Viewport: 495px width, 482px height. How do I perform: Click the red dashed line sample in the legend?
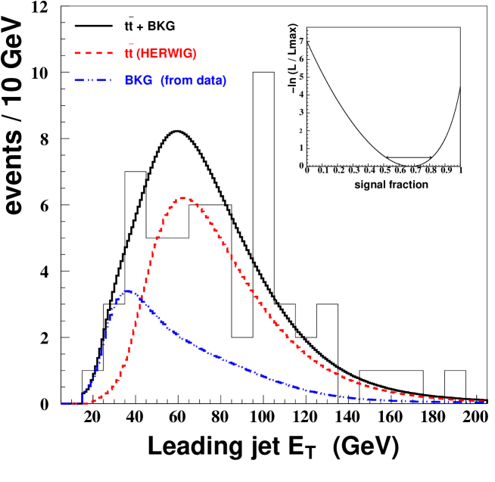pos(93,54)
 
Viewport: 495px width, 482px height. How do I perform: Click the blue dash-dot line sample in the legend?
pos(93,80)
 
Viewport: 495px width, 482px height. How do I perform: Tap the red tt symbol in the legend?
pos(129,54)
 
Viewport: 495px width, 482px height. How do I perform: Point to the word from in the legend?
pos(175,80)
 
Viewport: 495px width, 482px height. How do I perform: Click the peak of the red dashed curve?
pos(183,198)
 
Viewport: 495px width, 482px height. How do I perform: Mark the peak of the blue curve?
pos(129,291)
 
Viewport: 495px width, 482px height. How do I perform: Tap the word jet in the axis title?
pos(257,448)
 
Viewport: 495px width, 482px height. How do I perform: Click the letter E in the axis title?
pos(294,447)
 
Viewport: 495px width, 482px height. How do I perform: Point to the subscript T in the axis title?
pos(310,454)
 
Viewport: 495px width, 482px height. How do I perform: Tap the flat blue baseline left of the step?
pos(70,403)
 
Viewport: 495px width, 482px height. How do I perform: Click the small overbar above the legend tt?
pos(130,45)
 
